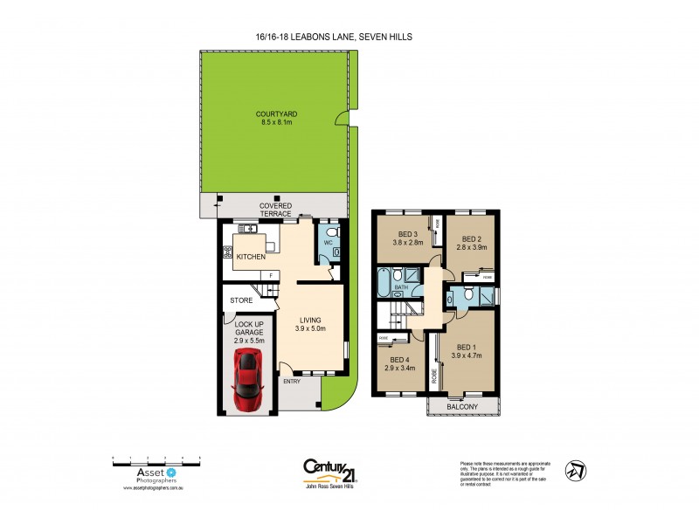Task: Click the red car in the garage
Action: (247, 382)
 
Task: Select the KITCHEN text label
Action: (250, 258)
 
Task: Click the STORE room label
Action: (241, 300)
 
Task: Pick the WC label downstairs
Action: (329, 243)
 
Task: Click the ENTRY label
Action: (290, 381)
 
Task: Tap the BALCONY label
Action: (462, 407)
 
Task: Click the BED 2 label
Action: (472, 238)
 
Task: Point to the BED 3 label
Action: (408, 234)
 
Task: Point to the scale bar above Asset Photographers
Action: (157, 458)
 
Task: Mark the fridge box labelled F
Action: (271, 276)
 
